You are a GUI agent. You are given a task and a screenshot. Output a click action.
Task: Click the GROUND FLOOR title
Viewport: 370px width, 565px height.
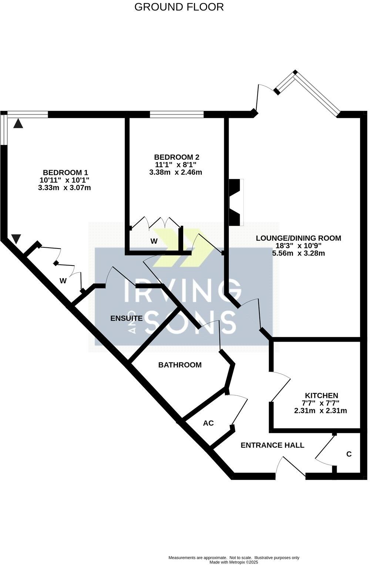[179, 7]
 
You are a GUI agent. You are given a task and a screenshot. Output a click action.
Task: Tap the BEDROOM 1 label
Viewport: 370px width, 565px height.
[65, 172]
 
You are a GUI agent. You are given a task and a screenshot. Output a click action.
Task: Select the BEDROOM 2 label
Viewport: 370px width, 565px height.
[179, 157]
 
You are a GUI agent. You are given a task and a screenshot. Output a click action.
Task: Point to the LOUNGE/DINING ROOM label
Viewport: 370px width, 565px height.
[299, 238]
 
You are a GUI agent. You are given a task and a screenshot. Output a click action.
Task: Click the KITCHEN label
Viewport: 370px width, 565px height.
[321, 395]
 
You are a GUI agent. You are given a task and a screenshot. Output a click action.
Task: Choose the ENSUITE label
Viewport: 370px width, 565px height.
[127, 318]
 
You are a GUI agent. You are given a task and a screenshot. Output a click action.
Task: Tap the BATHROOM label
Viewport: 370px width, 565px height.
[180, 365]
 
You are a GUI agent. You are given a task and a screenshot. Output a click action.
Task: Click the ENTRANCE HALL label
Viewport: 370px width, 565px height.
[272, 445]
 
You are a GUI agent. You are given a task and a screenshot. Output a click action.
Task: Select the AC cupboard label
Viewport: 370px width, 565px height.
[208, 423]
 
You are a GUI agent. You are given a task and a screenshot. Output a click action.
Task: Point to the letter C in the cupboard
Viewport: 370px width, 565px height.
[349, 454]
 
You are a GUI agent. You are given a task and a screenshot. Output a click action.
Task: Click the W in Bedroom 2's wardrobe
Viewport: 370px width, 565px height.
[154, 241]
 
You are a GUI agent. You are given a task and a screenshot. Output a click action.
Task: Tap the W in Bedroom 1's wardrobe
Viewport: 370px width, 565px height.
[63, 281]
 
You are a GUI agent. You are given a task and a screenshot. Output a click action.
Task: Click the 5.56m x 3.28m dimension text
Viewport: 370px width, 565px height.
[299, 253]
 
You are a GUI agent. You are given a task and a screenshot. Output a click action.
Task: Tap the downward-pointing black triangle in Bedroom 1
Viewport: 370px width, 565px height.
[15, 239]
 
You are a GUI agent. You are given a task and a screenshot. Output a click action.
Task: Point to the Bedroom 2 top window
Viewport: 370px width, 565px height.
[176, 115]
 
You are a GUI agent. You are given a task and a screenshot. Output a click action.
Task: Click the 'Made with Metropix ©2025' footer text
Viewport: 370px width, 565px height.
[234, 562]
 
